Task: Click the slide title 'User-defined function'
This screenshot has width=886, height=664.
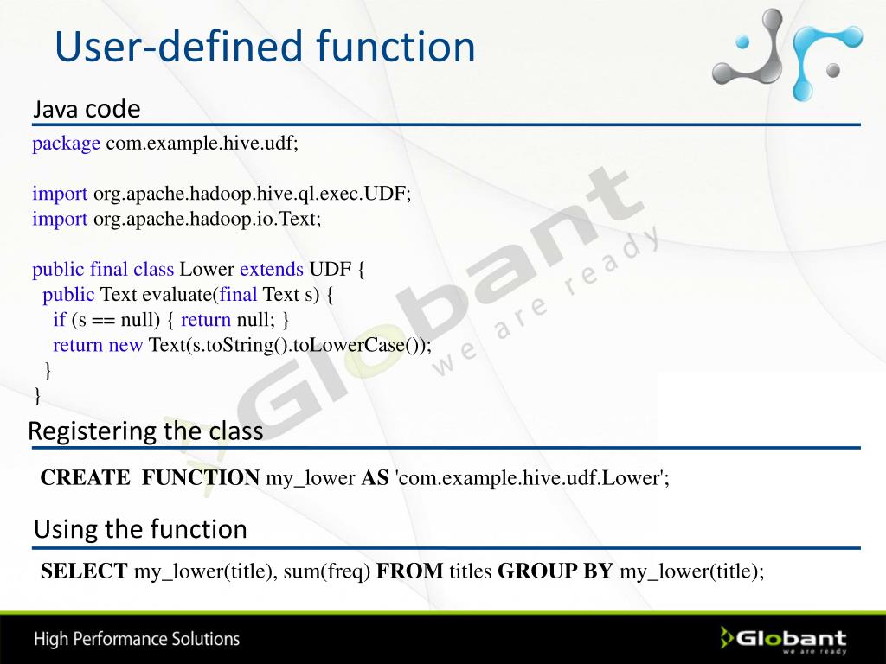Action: (x=265, y=47)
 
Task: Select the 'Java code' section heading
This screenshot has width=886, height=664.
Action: (x=87, y=110)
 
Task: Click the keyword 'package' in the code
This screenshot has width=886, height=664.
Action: (x=67, y=144)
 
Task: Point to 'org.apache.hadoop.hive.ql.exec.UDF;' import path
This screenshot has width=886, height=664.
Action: (x=252, y=194)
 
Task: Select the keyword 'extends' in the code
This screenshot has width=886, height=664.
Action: (x=272, y=269)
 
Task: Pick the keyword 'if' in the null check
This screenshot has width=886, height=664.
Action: (x=59, y=319)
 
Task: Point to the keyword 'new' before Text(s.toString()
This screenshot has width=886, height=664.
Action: (x=125, y=344)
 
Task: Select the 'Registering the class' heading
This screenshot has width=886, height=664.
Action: (x=145, y=431)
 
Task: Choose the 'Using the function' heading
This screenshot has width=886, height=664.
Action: (x=140, y=529)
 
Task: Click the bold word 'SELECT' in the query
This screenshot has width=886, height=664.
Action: (x=85, y=571)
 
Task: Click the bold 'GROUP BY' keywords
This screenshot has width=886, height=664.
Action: (x=555, y=571)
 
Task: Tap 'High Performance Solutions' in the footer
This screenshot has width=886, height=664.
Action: (x=137, y=640)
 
